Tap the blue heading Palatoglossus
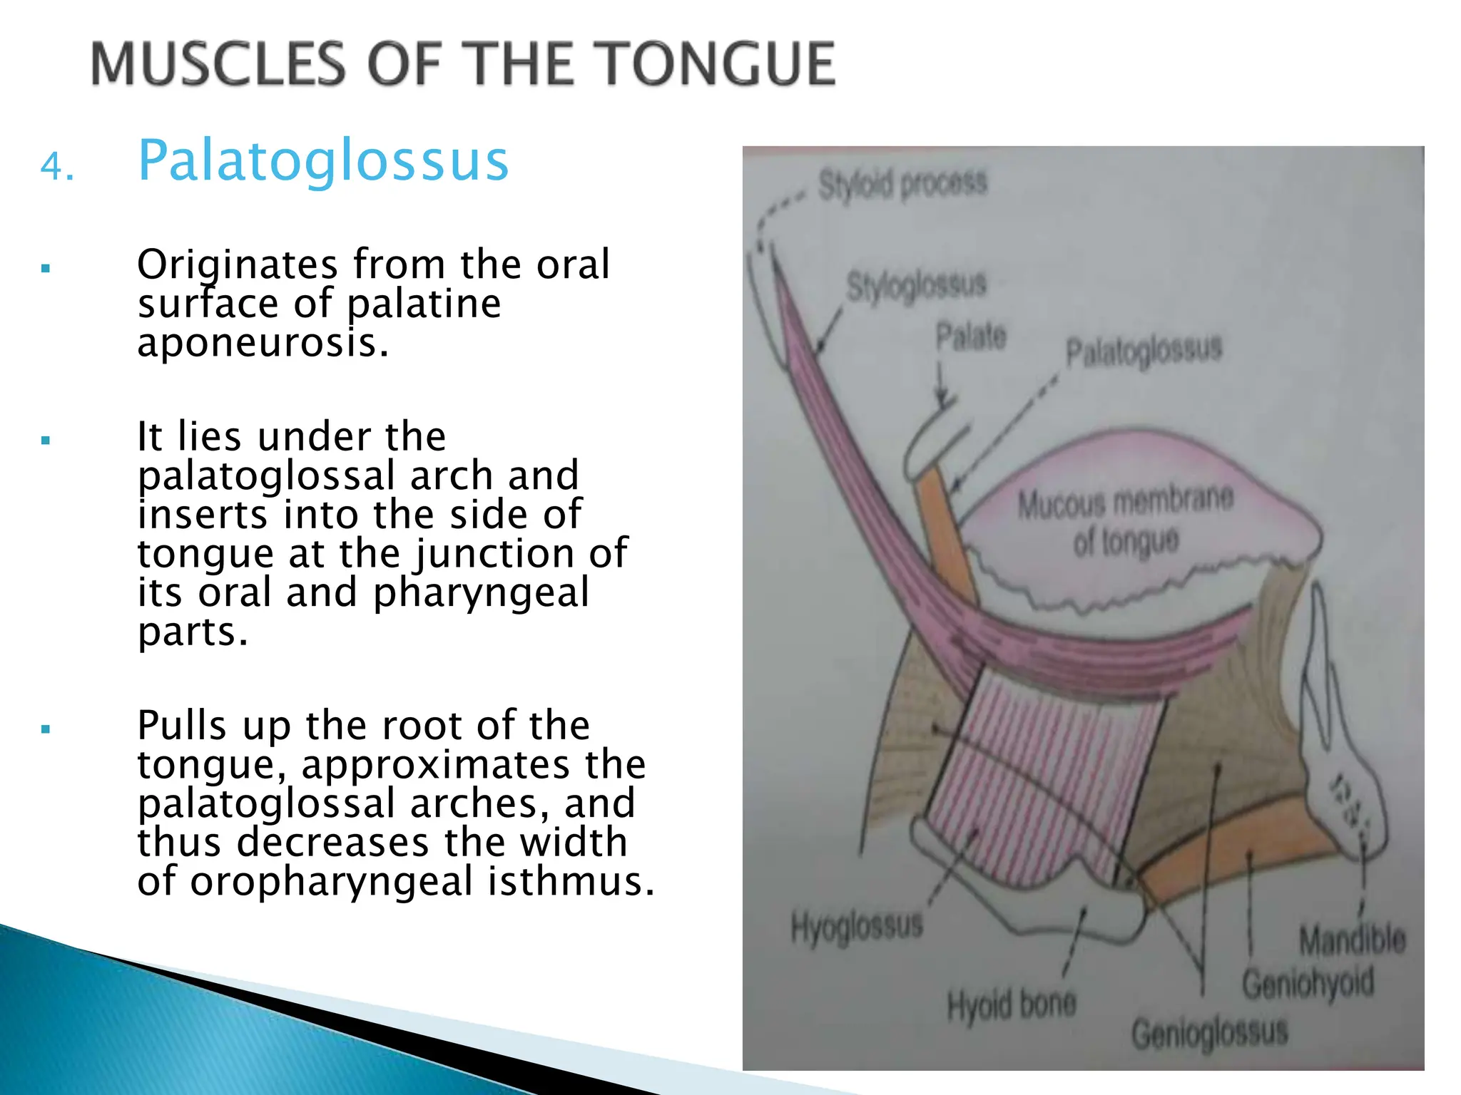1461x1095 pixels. [x=322, y=161]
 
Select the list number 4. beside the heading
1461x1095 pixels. [x=56, y=168]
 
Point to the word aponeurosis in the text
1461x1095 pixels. [x=263, y=343]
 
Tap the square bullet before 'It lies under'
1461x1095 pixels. [x=46, y=441]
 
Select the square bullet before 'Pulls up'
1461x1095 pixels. [x=46, y=729]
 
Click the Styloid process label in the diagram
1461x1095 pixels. [x=902, y=184]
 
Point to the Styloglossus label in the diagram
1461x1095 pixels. [x=916, y=286]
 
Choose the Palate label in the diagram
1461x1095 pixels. [x=971, y=336]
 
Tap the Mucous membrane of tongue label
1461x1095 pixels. [x=1125, y=521]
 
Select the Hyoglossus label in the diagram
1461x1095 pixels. [x=857, y=927]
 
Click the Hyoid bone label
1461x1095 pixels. [x=1011, y=1005]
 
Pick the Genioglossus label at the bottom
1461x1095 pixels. [x=1209, y=1033]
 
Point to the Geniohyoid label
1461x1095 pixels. [x=1308, y=984]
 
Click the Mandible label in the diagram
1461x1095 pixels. [x=1352, y=940]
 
